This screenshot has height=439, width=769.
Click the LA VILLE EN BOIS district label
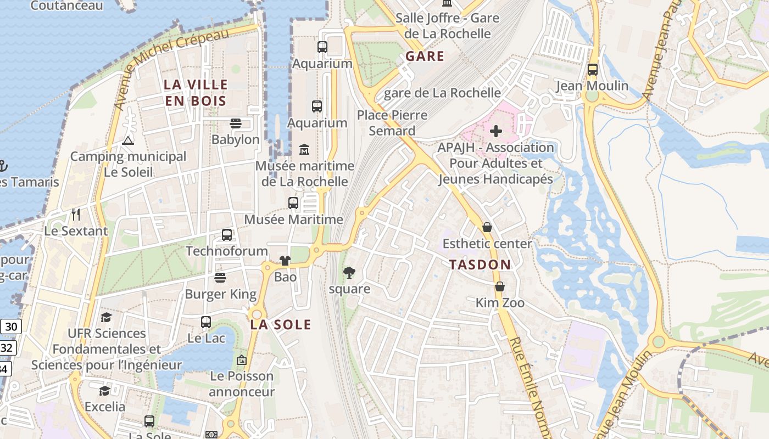point(196,93)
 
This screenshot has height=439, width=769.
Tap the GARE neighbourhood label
point(425,56)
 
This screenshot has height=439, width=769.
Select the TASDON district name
point(480,264)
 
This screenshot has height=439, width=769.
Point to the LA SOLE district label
point(281,324)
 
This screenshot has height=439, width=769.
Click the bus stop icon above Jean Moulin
point(592,70)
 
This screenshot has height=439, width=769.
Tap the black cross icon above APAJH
point(496,131)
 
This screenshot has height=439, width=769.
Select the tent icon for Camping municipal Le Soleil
point(128,140)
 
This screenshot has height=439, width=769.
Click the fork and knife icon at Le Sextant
point(76,215)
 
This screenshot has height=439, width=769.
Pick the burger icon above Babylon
point(236,123)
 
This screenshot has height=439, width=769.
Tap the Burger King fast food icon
point(220,278)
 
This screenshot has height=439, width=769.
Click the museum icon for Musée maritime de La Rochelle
point(304,149)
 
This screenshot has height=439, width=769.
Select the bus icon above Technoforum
point(227,235)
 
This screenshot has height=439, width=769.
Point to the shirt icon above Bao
point(285,261)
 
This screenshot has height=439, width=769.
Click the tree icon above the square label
point(349,272)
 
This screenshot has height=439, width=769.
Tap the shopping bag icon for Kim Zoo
point(500,286)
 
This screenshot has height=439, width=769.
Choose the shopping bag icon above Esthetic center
point(487,227)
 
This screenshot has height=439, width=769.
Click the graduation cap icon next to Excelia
point(104,390)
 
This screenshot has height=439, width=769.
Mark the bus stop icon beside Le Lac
point(206,322)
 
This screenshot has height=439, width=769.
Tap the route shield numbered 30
point(10,327)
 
